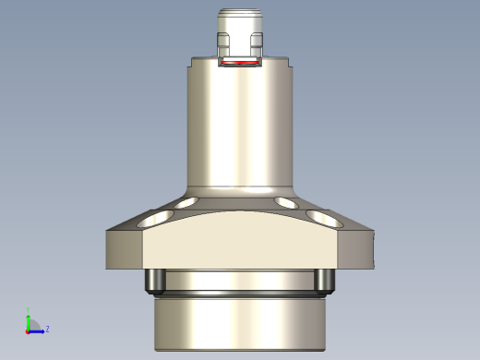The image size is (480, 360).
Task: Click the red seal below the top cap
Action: [240, 63]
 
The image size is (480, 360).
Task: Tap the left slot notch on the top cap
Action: [222, 42]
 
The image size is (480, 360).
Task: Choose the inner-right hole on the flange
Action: [285, 201]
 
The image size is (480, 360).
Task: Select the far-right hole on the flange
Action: [323, 219]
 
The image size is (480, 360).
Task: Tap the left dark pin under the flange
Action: [155, 279]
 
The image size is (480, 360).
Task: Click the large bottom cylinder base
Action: [240, 323]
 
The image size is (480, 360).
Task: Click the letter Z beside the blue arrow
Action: [47, 329]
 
